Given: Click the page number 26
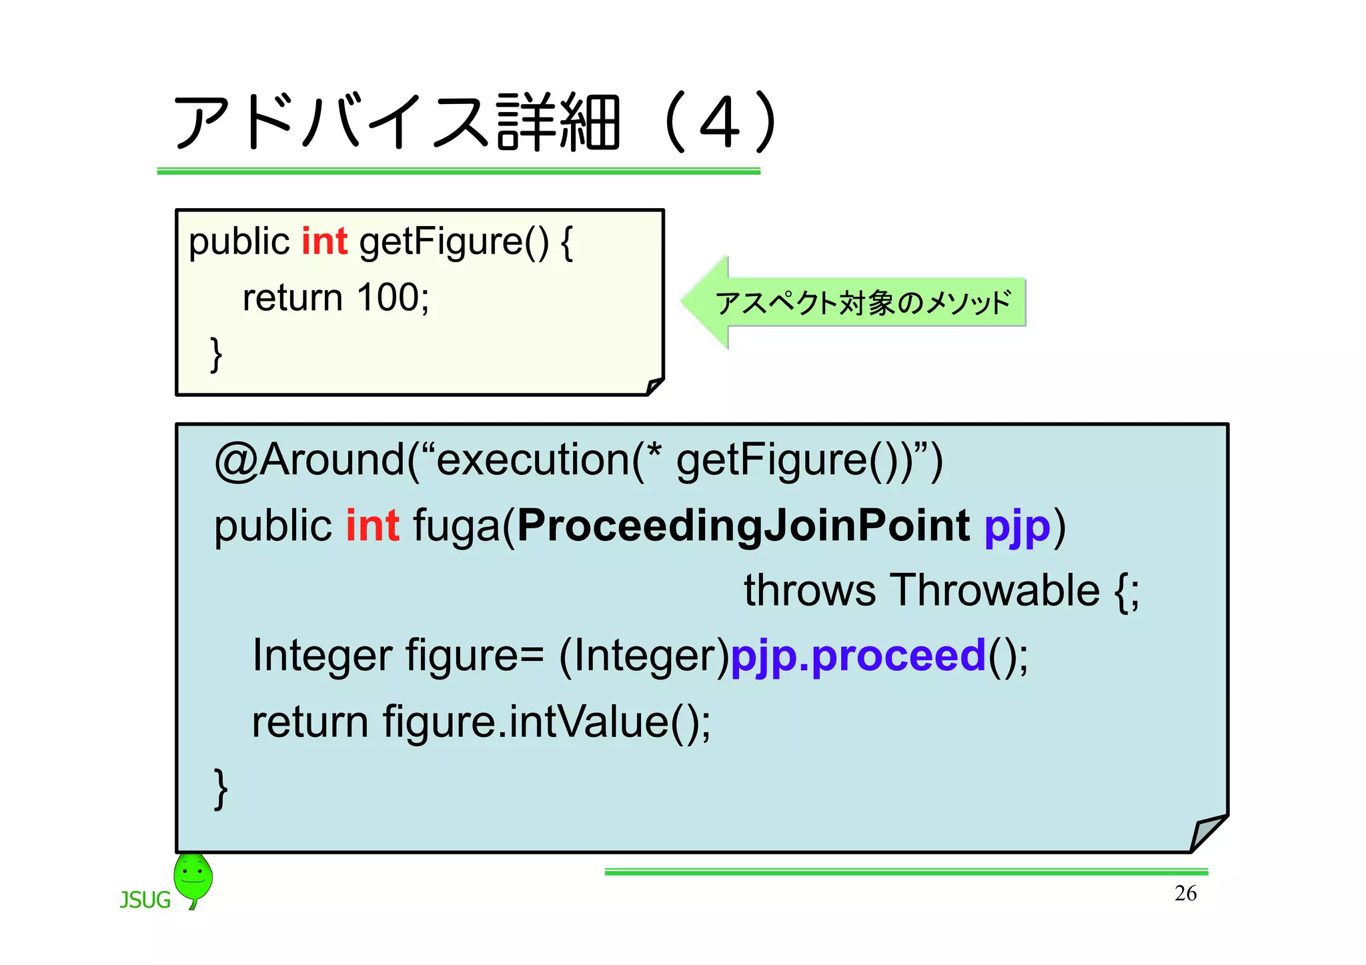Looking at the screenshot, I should click(x=1185, y=893).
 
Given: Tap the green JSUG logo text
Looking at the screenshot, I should click(x=145, y=900).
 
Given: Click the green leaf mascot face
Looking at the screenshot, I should click(x=193, y=875).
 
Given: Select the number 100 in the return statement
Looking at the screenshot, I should click(x=388, y=297).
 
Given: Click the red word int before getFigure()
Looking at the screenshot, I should click(x=324, y=241).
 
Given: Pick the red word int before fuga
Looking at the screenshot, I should click(x=372, y=526).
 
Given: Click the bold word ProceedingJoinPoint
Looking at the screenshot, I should click(x=743, y=526).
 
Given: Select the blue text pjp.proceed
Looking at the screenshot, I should click(x=858, y=656).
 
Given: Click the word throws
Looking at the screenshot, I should click(x=810, y=591).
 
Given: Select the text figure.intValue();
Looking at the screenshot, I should click(x=547, y=722).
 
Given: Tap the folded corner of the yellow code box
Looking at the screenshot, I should click(x=654, y=385).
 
